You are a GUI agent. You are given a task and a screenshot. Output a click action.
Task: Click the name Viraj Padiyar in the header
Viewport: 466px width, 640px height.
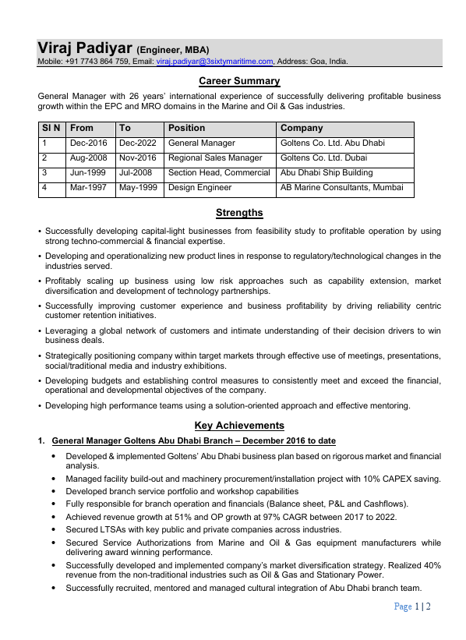click(84, 47)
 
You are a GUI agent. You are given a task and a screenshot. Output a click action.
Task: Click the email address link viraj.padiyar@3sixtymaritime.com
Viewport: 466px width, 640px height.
click(214, 61)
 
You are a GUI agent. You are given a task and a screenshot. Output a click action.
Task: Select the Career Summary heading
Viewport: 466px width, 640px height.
click(239, 81)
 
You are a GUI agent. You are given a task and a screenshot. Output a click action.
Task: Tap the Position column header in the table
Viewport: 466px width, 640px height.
click(187, 128)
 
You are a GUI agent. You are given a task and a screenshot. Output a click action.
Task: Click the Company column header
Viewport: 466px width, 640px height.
click(301, 128)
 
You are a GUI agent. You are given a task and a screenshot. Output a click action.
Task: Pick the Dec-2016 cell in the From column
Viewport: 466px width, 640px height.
click(88, 143)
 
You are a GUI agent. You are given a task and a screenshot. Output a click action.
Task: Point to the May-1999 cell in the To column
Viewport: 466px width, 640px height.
click(138, 188)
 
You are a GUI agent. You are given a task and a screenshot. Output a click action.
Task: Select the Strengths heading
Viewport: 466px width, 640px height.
click(239, 213)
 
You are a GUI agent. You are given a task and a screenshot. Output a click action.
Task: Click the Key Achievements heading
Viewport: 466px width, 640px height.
click(239, 426)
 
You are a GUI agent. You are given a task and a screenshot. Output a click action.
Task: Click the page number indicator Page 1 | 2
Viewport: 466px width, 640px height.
click(412, 606)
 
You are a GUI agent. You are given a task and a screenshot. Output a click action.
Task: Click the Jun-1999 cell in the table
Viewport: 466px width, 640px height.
click(88, 173)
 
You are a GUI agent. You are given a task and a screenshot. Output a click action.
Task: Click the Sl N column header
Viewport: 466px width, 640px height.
click(51, 128)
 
